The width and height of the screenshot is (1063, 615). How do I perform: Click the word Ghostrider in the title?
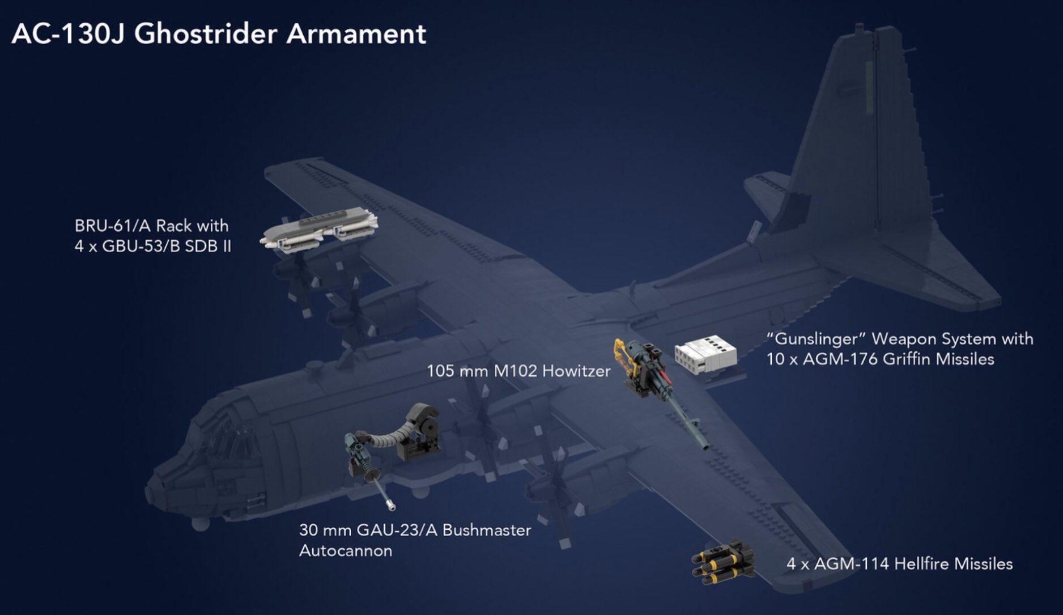(206, 34)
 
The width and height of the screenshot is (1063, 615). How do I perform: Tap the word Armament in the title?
(356, 34)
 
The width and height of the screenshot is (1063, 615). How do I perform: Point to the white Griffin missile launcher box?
(705, 356)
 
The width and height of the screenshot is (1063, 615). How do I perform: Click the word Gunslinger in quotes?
(816, 339)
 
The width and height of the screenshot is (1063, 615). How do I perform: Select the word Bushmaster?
(487, 531)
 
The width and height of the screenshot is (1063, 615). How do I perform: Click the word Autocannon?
(346, 551)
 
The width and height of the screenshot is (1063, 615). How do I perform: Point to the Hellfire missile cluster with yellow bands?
(723, 562)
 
